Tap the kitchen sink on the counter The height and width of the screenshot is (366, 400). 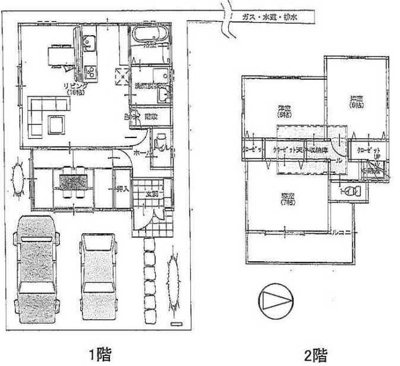pos(90,43)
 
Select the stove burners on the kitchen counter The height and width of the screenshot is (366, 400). pos(92,72)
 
